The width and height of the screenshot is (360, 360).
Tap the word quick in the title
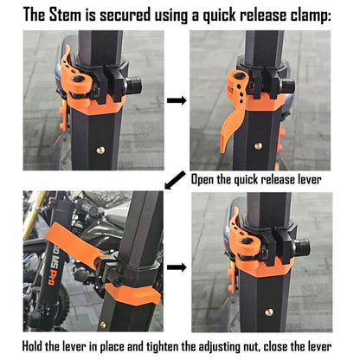(219, 16)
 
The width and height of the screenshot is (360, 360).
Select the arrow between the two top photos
(177, 100)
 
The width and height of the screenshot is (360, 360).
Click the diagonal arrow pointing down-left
(175, 180)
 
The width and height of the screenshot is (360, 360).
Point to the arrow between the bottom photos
(177, 267)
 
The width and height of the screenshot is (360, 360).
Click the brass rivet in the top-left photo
(100, 150)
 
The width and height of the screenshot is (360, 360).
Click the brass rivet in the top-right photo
(258, 146)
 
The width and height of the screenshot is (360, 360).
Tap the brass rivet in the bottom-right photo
(269, 312)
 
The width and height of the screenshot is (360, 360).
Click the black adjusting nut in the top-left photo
(133, 85)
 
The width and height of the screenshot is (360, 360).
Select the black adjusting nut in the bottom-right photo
(302, 247)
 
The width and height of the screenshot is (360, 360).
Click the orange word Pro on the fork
(52, 277)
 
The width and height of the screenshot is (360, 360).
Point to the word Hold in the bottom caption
(32, 346)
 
